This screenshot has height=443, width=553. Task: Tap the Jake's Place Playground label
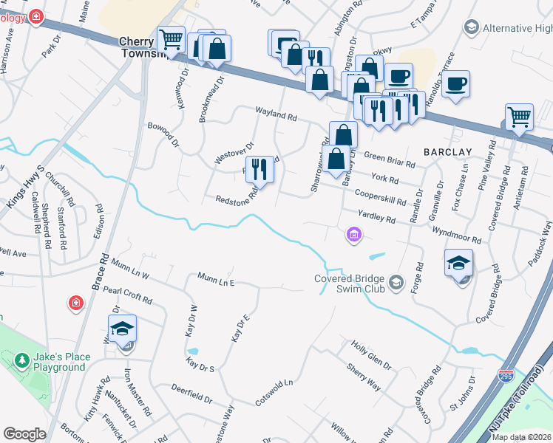62,362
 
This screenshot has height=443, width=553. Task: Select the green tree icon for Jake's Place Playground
21,361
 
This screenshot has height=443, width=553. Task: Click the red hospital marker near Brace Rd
75,303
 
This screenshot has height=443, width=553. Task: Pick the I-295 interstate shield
506,376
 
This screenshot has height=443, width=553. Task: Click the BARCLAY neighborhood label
447,151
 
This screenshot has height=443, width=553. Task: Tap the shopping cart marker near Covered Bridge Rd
519,117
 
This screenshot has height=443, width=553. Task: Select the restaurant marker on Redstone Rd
259,169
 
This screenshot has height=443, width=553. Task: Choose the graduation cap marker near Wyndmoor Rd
458,262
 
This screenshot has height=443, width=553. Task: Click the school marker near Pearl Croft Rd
123,329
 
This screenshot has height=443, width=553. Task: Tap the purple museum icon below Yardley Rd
354,235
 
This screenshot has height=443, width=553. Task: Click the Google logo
24,434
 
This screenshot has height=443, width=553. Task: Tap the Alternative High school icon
470,28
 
